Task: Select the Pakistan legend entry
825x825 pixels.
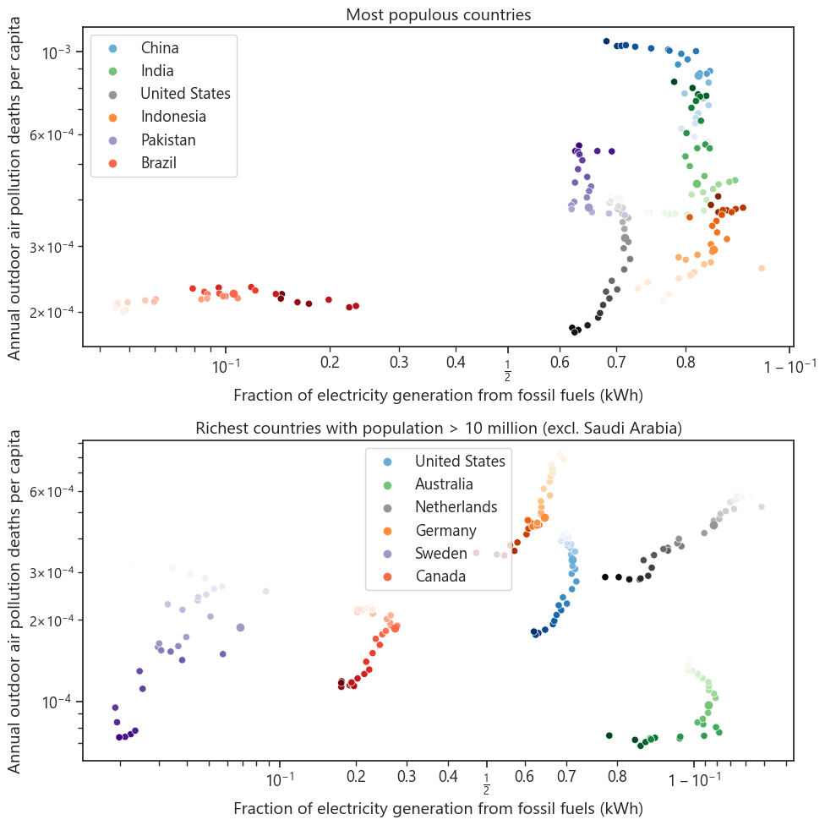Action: click(x=168, y=139)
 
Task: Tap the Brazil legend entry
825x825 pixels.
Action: click(x=158, y=162)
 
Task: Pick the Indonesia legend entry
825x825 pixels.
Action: click(x=173, y=117)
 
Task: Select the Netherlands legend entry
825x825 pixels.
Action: click(x=456, y=507)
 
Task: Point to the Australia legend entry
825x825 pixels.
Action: click(x=444, y=484)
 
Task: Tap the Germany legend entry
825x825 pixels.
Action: click(x=445, y=530)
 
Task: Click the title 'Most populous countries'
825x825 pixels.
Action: click(x=438, y=14)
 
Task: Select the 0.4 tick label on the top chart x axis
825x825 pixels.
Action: click(x=456, y=364)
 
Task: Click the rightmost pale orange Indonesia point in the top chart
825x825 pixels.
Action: click(x=762, y=268)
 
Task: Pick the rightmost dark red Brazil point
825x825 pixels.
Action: click(x=356, y=306)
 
